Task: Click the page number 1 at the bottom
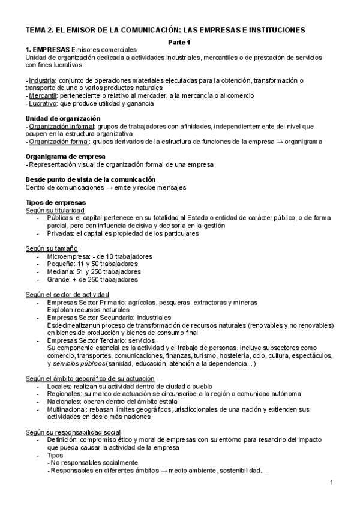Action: [332, 484]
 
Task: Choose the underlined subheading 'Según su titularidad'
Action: [55, 210]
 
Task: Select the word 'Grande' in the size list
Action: [59, 279]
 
